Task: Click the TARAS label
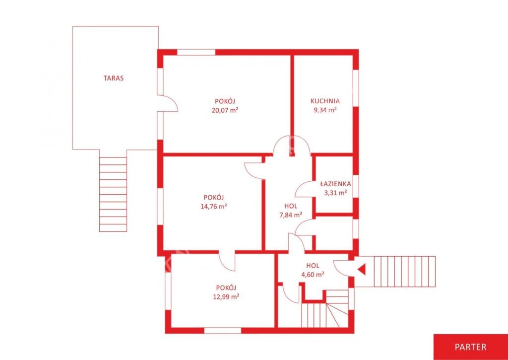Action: tap(114, 78)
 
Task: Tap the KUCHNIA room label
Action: tap(325, 100)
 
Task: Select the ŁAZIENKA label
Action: tap(335, 184)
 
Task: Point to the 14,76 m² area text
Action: tap(213, 206)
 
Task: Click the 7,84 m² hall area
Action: tap(291, 215)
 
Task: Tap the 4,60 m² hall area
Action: tap(313, 275)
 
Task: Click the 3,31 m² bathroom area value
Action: tap(336, 193)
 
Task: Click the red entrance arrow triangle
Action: tap(361, 269)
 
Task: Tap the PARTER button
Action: tap(470, 347)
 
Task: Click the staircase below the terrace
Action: tap(113, 194)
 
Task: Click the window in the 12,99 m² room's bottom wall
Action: tap(223, 331)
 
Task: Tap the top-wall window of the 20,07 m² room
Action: tap(196, 52)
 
